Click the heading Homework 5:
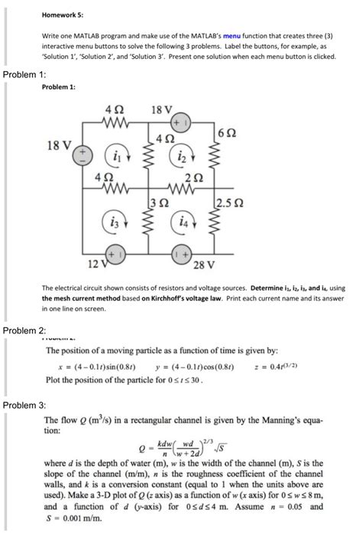(x=63, y=12)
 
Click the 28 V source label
(x=205, y=264)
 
